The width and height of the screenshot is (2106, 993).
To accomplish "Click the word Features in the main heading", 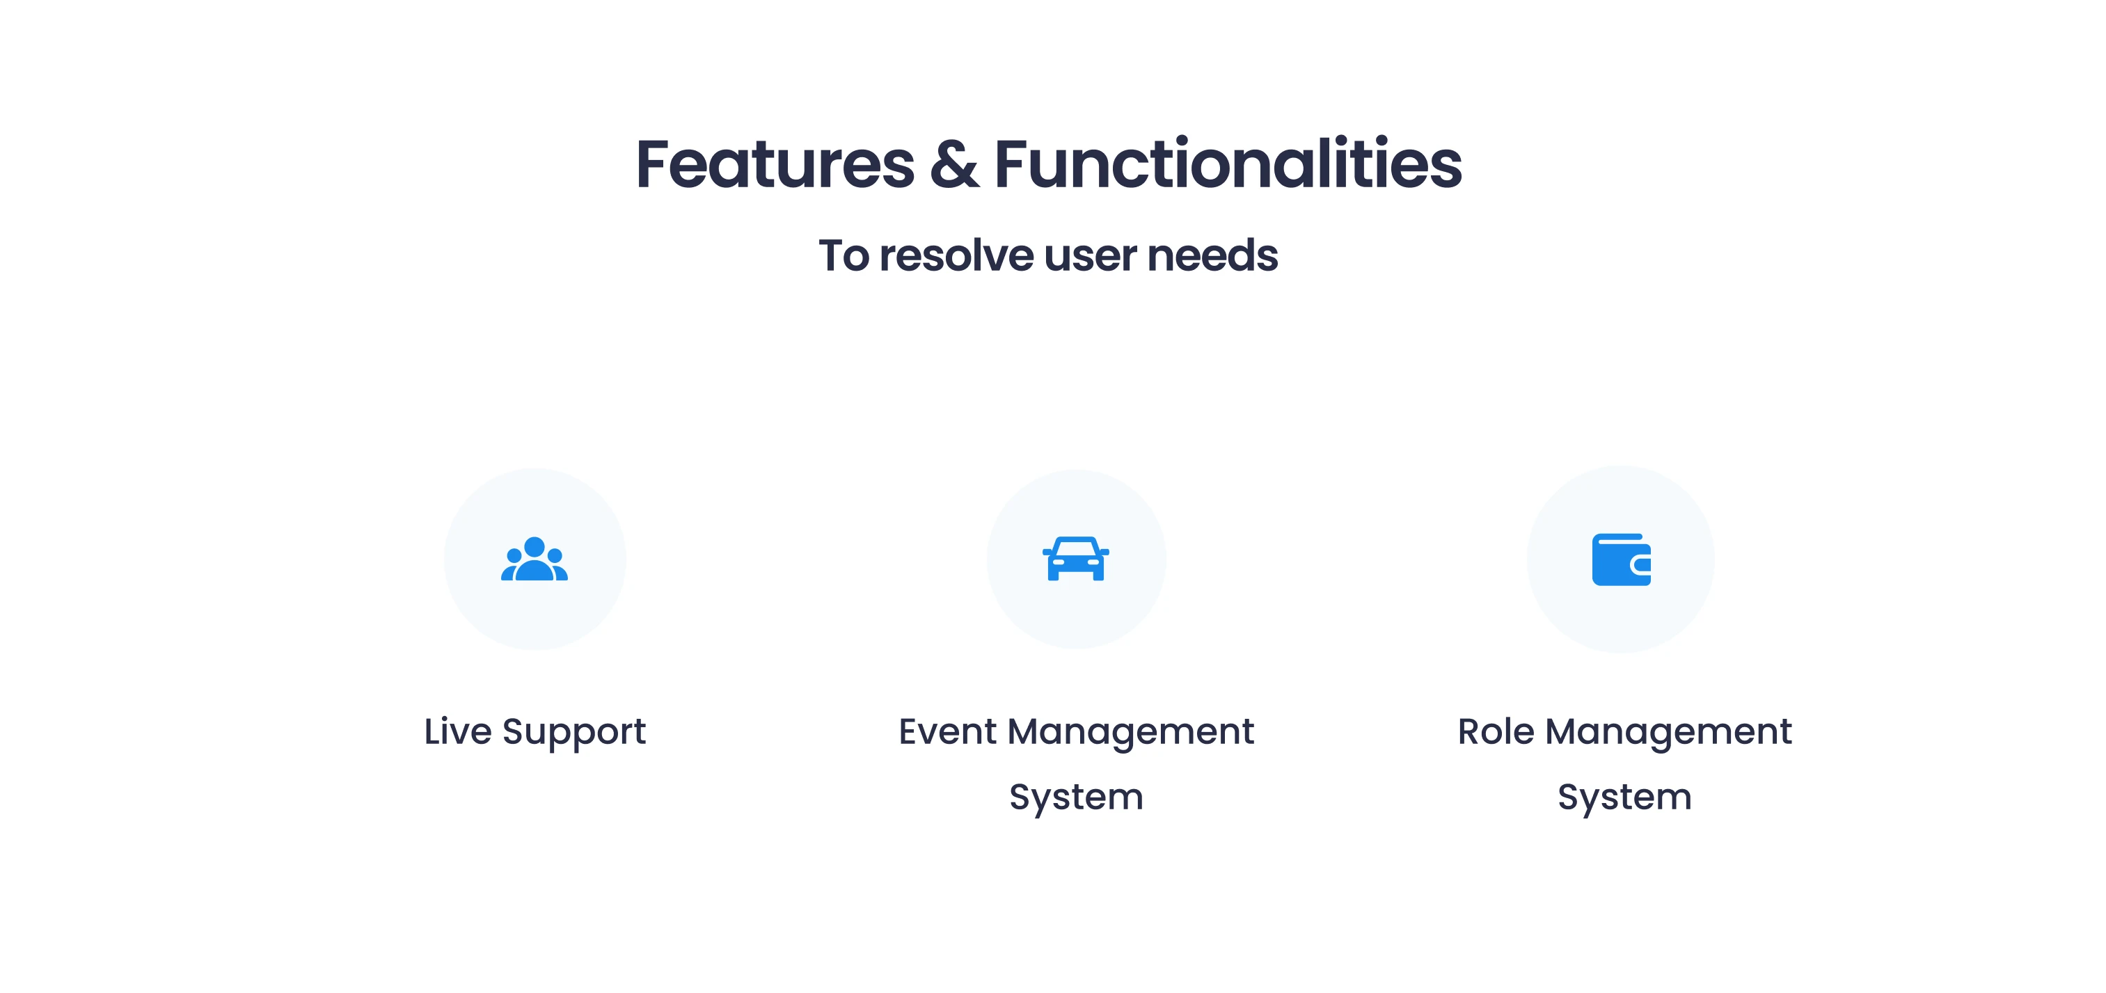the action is pyautogui.click(x=775, y=164).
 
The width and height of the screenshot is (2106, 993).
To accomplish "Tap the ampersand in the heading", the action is pyautogui.click(x=953, y=164).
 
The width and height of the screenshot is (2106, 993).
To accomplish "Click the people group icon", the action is pyautogui.click(x=535, y=558).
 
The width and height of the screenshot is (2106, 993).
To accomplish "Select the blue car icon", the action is pyautogui.click(x=1076, y=558).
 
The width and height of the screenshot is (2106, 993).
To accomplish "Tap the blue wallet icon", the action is pyautogui.click(x=1621, y=560).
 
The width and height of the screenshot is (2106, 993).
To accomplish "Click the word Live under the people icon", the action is pyautogui.click(x=458, y=731).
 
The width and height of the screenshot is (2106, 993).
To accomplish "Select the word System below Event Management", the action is pyautogui.click(x=1076, y=797).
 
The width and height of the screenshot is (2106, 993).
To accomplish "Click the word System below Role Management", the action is pyautogui.click(x=1624, y=797).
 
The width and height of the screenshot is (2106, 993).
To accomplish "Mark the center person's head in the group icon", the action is pyautogui.click(x=535, y=548).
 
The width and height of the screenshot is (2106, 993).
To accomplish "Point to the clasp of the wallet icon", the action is pyautogui.click(x=1641, y=564).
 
